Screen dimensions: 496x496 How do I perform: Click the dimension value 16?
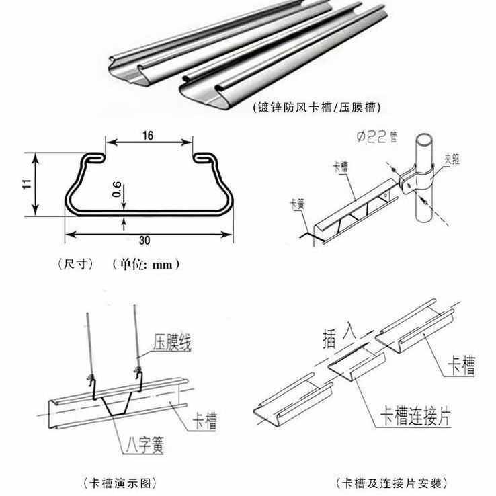click(149, 135)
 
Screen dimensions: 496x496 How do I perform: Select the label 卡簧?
click(294, 202)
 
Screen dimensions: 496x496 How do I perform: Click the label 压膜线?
click(173, 343)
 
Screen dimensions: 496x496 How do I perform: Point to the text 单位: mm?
click(147, 265)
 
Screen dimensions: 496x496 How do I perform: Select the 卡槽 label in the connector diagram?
click(461, 366)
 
